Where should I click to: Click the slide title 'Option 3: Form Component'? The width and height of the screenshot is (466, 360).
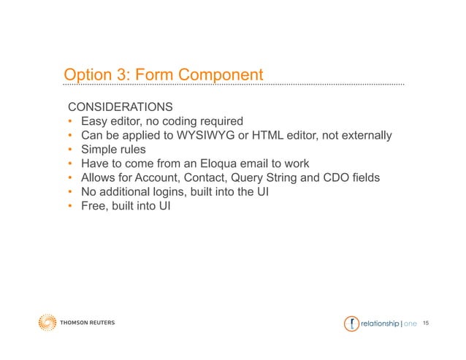point(163,75)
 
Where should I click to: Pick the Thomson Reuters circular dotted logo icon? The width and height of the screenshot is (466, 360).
point(47,323)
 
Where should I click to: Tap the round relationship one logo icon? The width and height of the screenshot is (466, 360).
point(351,323)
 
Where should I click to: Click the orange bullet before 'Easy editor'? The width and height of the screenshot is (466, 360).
point(70,122)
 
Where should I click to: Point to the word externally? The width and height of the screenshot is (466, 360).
point(365,136)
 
